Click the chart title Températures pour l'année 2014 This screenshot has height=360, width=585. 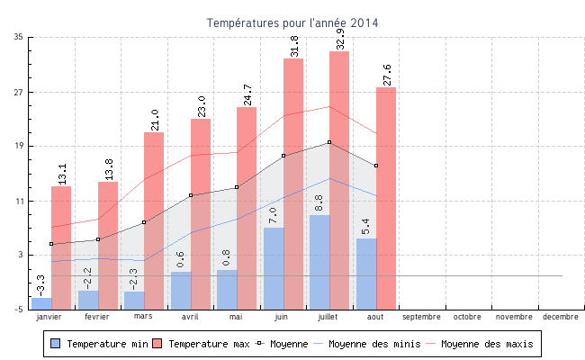click(292, 22)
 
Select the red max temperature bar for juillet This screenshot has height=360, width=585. click(339, 180)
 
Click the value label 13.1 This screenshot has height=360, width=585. click(62, 173)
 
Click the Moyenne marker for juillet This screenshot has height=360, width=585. click(329, 142)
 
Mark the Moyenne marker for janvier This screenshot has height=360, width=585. click(51, 244)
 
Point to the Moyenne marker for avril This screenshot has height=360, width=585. click(191, 195)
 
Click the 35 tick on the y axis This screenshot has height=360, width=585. click(19, 37)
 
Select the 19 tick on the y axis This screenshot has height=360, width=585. click(19, 146)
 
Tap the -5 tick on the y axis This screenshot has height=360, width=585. click(19, 310)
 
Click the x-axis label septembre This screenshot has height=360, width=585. click(421, 317)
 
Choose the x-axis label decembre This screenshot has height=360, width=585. click(561, 317)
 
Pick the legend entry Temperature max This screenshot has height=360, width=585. click(200, 344)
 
